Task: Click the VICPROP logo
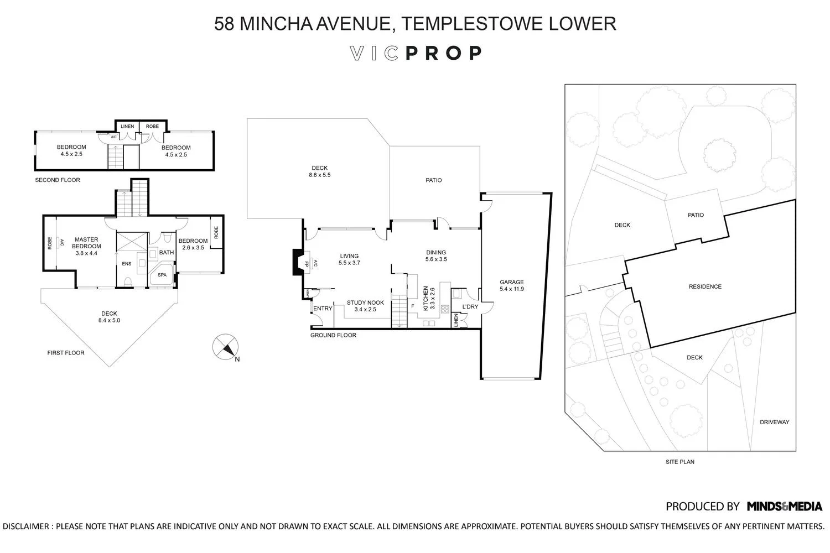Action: (416, 53)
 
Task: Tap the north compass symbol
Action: (225, 347)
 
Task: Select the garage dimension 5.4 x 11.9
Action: (512, 289)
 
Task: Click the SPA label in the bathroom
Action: (162, 275)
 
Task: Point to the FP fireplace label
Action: (307, 264)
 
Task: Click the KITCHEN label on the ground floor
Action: (426, 298)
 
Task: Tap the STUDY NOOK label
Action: (365, 302)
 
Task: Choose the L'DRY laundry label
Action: (470, 307)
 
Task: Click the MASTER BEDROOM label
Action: (86, 243)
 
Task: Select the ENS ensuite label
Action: (126, 264)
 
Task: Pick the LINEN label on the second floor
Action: (127, 126)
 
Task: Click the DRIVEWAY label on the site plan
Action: (775, 422)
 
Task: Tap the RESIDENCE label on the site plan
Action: (705, 286)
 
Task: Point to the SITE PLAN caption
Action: (680, 462)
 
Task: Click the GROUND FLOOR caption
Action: (333, 335)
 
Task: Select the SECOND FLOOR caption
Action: (58, 180)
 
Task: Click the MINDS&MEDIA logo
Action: (785, 507)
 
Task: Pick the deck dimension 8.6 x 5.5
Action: (319, 175)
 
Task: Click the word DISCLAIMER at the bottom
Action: (26, 526)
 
